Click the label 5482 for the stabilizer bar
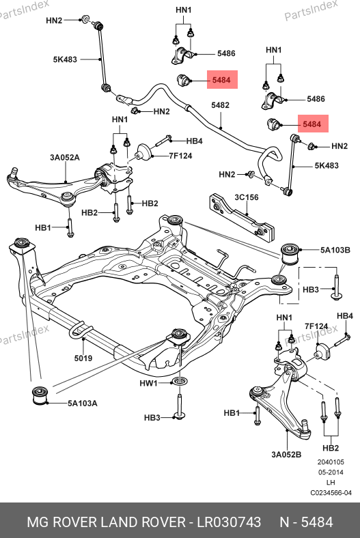[x=220, y=105]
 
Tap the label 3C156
[x=247, y=197]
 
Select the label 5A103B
[x=335, y=250]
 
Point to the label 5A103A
[x=83, y=403]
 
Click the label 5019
[x=83, y=358]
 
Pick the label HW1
[x=148, y=383]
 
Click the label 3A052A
[x=65, y=158]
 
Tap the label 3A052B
[x=286, y=455]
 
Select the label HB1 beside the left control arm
[x=43, y=227]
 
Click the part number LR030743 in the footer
[x=229, y=522]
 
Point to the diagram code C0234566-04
[x=331, y=493]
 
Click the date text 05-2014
[x=331, y=472]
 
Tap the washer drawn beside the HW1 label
[x=178, y=381]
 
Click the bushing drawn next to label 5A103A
[x=40, y=395]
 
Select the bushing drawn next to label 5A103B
[x=290, y=253]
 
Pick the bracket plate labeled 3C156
[x=243, y=217]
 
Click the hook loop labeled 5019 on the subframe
[x=81, y=330]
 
